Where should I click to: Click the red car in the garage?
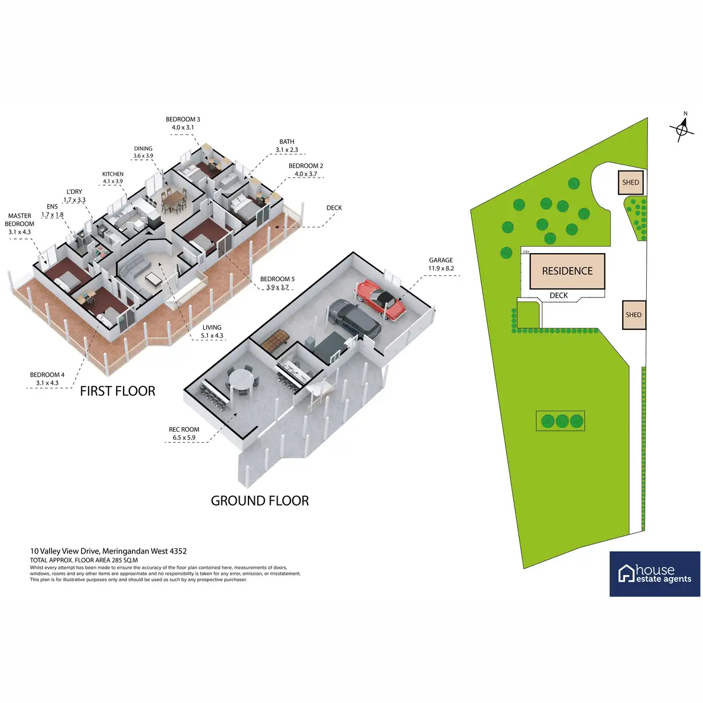click(x=380, y=300)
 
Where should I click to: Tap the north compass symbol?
click(x=682, y=128)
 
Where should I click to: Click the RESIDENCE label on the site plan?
click(x=567, y=271)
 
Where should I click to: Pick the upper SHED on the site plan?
click(x=630, y=182)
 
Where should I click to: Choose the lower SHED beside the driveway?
click(x=634, y=315)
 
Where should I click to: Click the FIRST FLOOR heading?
click(x=118, y=391)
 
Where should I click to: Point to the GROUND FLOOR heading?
click(x=260, y=501)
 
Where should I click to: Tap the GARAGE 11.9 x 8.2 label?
click(x=441, y=264)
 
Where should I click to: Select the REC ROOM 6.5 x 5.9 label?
click(x=184, y=434)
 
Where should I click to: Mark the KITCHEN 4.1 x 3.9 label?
click(x=112, y=178)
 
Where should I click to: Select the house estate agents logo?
click(x=654, y=574)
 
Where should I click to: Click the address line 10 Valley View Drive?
click(x=108, y=551)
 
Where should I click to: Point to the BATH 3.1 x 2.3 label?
click(x=286, y=145)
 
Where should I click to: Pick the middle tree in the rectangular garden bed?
click(x=562, y=421)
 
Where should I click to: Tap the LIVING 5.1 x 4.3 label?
click(x=211, y=332)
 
